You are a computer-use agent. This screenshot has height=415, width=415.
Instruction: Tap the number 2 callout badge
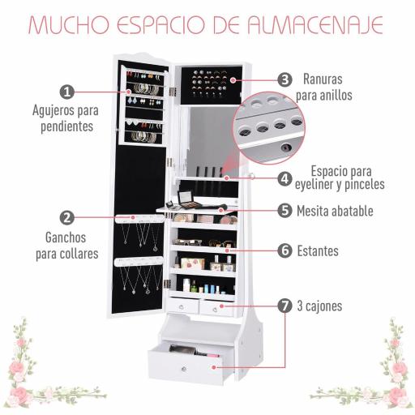(67, 217)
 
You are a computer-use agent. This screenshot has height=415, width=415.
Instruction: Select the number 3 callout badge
(284, 79)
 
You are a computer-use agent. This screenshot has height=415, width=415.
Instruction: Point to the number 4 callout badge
(284, 178)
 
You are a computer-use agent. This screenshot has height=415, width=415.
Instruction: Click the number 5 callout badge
(284, 211)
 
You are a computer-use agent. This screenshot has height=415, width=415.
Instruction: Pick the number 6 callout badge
(284, 250)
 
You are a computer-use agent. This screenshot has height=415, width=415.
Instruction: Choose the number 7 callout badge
(284, 306)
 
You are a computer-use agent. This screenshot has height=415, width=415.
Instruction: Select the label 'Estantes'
(318, 250)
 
